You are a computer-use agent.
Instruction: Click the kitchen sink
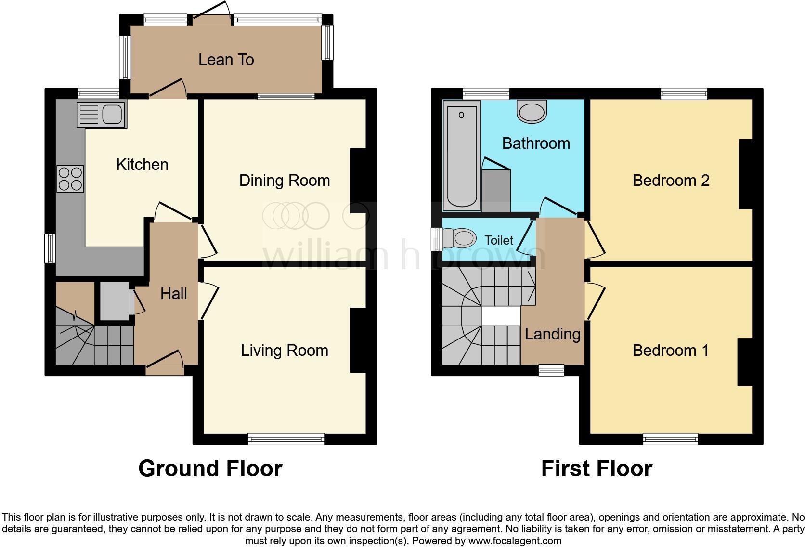[102, 115]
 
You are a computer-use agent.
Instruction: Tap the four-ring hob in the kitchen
[70, 179]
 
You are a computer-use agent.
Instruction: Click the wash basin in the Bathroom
[532, 111]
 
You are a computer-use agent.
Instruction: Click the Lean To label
[226, 60]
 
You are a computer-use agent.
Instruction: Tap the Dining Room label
[285, 181]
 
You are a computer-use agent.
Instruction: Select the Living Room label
[285, 351]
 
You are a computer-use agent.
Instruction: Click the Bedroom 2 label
[671, 181]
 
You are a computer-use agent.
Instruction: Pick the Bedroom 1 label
[671, 351]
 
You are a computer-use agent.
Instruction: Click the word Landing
[552, 334]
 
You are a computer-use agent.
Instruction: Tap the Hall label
[173, 294]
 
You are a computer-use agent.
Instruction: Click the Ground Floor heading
[210, 469]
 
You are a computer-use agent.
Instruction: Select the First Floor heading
[597, 469]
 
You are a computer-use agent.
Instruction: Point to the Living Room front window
[286, 439]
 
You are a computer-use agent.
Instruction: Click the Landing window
[551, 370]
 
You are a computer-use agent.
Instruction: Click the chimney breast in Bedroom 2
[745, 174]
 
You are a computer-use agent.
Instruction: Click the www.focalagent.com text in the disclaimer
[515, 541]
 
